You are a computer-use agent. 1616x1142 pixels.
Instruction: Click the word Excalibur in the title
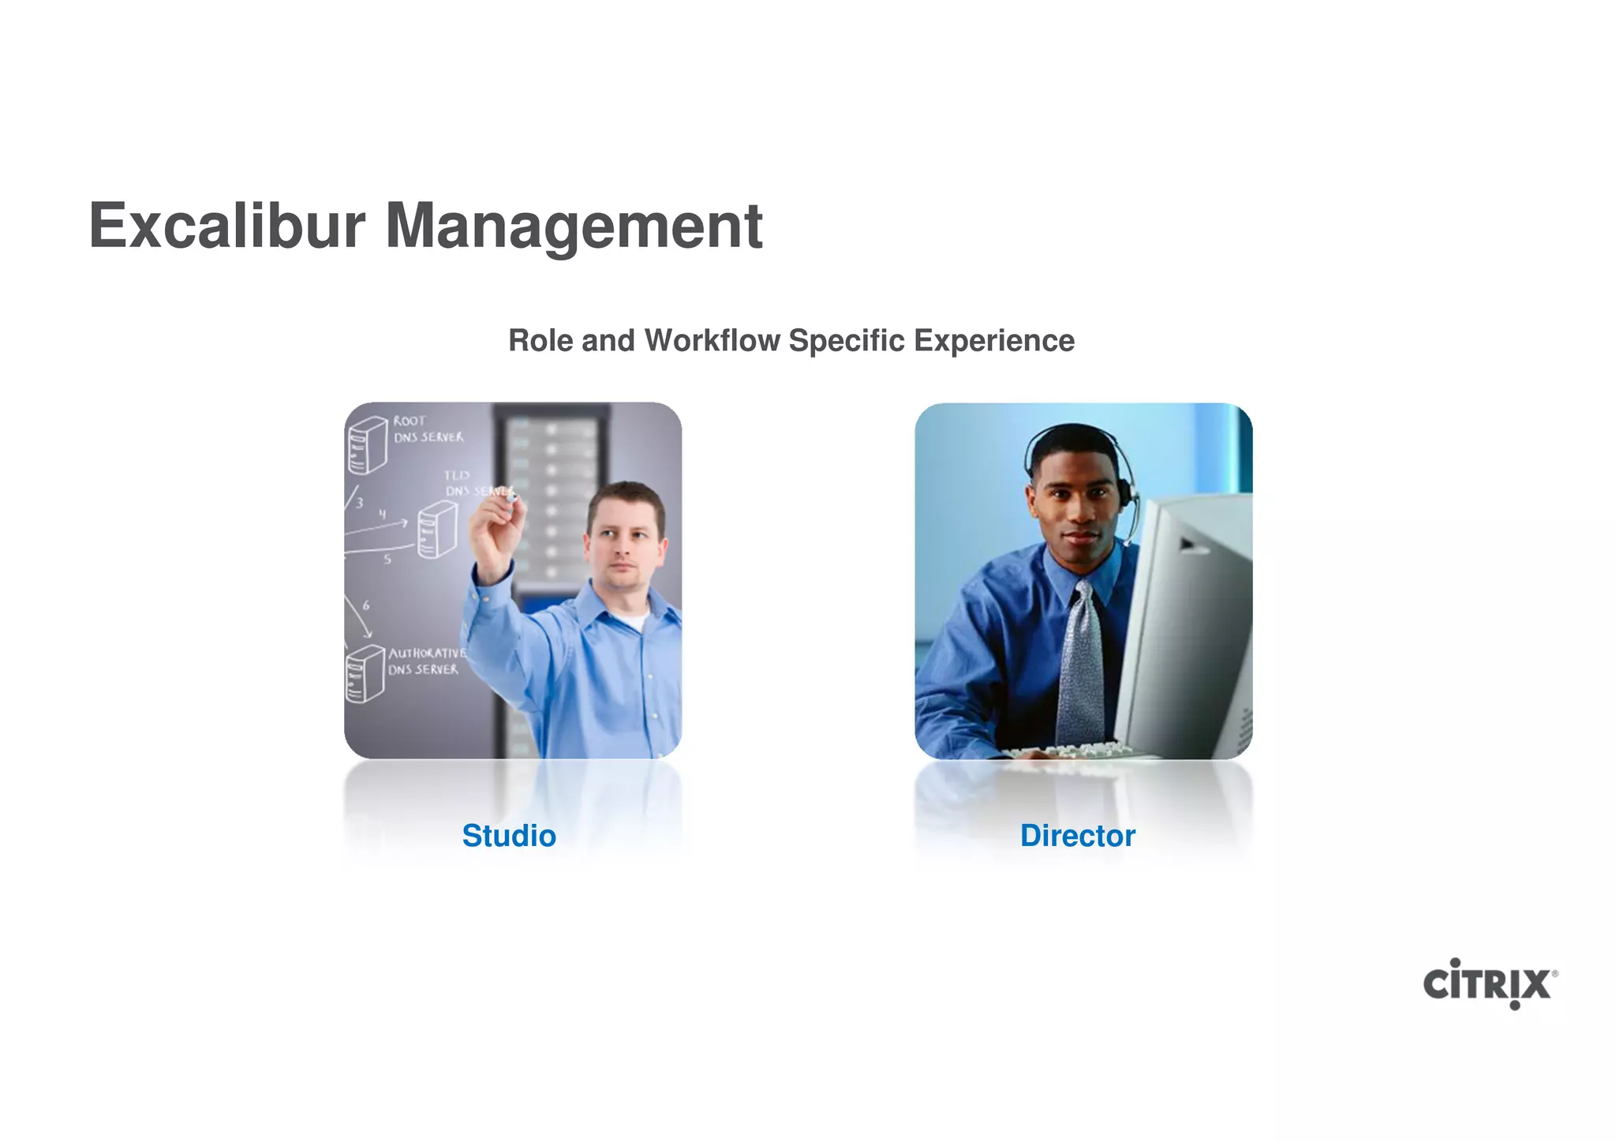click(227, 226)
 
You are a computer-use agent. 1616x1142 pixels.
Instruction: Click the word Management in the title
click(574, 227)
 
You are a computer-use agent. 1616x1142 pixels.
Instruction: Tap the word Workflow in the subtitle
click(712, 341)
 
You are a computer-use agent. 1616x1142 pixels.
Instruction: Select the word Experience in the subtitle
click(994, 341)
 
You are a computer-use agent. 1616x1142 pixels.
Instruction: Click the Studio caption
click(509, 836)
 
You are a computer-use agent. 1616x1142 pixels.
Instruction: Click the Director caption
click(1077, 836)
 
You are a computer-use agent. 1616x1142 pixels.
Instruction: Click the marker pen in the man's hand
click(511, 496)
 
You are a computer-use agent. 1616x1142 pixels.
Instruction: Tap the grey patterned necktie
click(1079, 663)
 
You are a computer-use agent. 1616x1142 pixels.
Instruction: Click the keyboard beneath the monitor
click(1065, 751)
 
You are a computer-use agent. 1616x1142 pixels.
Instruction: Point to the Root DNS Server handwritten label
click(428, 429)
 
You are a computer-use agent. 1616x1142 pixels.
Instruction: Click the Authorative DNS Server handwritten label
click(426, 661)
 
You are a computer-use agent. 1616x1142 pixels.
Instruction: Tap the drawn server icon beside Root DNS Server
click(367, 445)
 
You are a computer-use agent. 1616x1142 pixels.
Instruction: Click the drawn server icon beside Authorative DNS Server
click(365, 673)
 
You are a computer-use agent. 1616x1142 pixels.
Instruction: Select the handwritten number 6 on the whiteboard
click(366, 605)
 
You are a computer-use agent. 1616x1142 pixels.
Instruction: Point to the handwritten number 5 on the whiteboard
click(387, 560)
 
